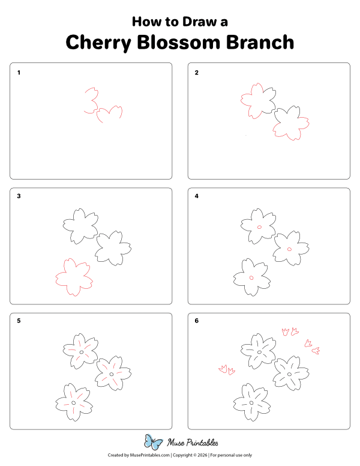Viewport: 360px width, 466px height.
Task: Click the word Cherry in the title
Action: (97, 43)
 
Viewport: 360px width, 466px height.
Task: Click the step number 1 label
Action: (19, 73)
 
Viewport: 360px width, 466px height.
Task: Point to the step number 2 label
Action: (196, 73)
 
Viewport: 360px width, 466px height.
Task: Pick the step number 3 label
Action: (19, 196)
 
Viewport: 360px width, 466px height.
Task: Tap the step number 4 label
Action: (196, 196)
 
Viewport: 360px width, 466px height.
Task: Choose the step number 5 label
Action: (19, 321)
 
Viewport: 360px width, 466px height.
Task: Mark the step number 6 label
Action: (196, 321)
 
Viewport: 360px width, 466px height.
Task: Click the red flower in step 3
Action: (74, 277)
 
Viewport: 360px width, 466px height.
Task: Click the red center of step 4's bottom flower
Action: (251, 277)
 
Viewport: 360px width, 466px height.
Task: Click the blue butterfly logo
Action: (154, 443)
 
